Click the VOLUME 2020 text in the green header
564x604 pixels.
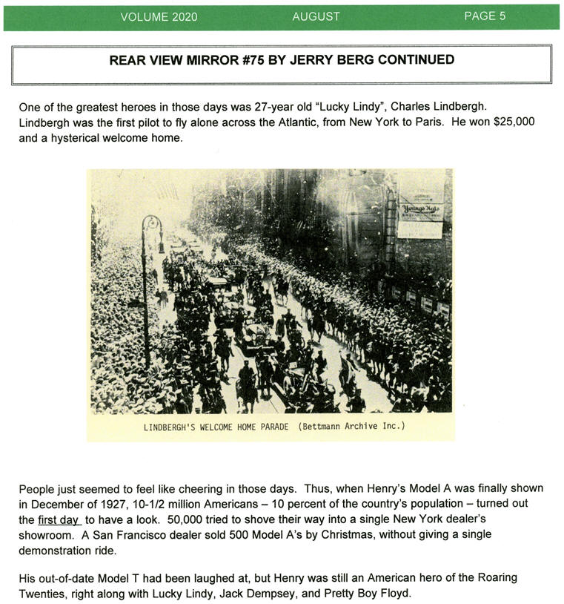coord(159,16)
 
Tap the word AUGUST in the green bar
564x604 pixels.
coord(316,16)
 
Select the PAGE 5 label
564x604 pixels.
coord(485,16)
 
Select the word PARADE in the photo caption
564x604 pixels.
coord(275,427)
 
